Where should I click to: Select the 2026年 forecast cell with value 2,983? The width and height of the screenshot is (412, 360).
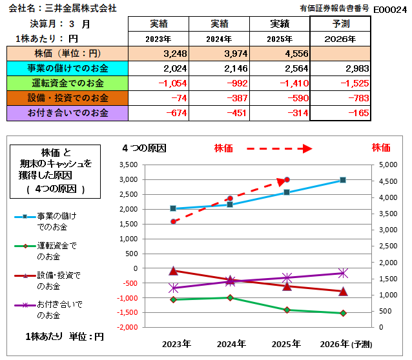coord(341,68)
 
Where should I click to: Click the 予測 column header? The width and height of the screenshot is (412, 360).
coord(340,24)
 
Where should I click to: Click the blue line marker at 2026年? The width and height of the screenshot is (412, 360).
coord(344,180)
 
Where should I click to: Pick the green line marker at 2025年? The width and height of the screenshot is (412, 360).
coord(287,310)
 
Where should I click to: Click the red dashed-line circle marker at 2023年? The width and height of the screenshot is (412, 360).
coord(173,221)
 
